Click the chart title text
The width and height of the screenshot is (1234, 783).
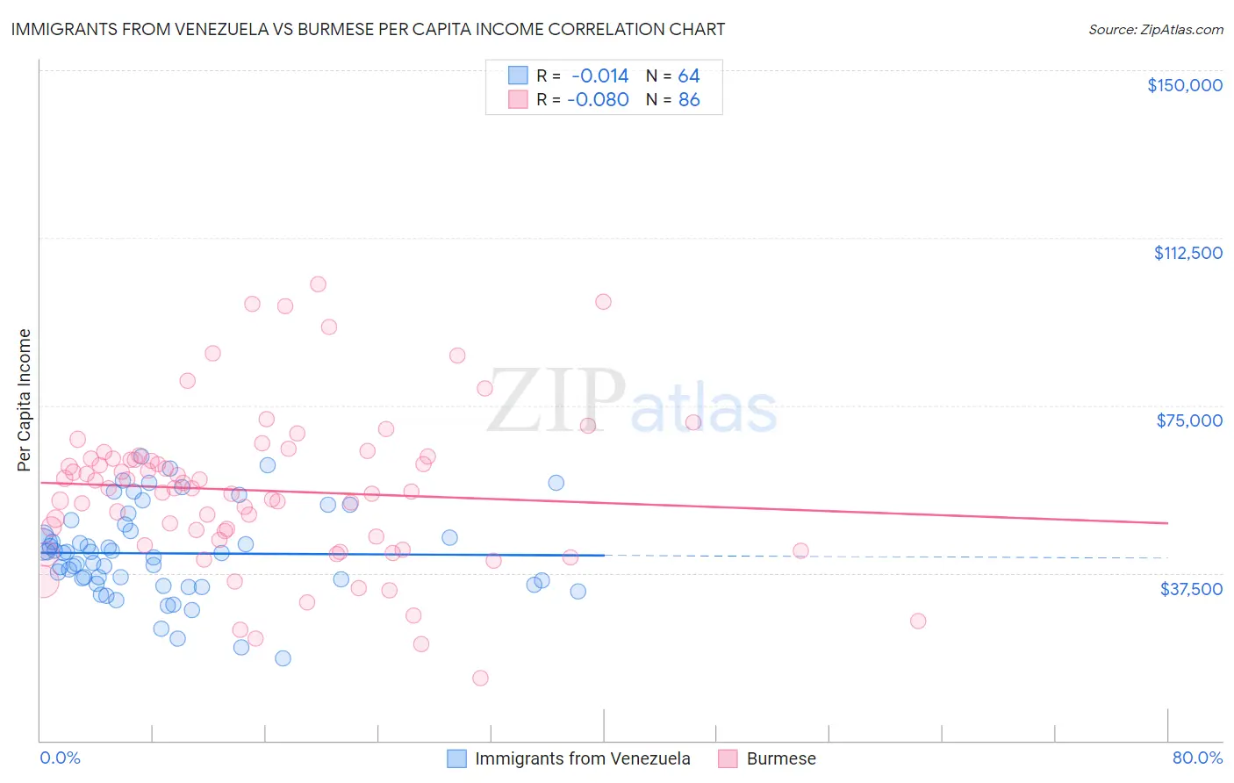tap(368, 29)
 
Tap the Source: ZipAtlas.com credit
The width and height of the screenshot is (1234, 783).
tap(1155, 30)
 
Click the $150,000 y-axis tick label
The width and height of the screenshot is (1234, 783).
tap(1184, 85)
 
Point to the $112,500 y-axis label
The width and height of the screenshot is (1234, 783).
tap(1187, 253)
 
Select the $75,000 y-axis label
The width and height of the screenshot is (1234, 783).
tap(1188, 420)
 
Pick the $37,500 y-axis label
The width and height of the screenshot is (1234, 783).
tap(1190, 589)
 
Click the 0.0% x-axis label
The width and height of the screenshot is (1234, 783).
tap(60, 758)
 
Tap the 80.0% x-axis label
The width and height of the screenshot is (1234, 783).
tap(1197, 758)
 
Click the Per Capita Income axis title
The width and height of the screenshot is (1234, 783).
tap(25, 399)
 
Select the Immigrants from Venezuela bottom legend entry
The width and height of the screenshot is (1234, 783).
tap(582, 758)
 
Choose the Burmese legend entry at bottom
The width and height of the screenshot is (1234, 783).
tap(780, 758)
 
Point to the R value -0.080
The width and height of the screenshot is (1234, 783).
tap(598, 100)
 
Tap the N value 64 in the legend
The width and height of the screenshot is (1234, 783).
tap(689, 76)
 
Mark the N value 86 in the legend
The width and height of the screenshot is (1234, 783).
tap(689, 100)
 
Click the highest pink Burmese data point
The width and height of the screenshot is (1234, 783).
tap(318, 284)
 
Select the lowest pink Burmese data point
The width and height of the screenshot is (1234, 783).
tap(480, 678)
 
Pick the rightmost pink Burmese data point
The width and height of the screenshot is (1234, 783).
tap(918, 621)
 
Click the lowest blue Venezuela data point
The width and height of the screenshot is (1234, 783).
tap(283, 658)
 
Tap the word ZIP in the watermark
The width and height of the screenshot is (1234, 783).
tap(556, 401)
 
